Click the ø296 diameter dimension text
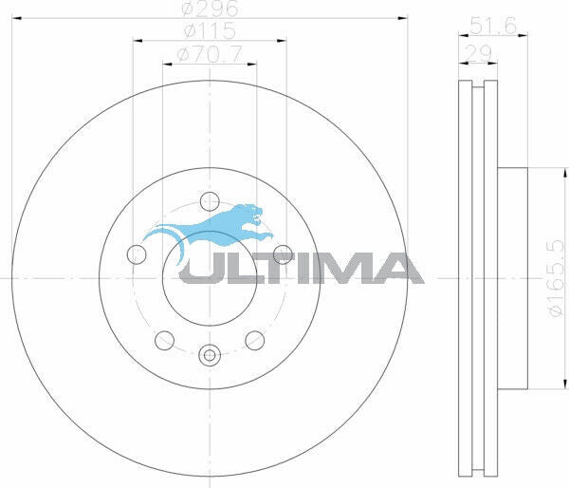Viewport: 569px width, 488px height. point(210,9)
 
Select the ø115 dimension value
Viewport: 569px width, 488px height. point(210,31)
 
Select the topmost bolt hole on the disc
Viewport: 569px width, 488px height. point(209,200)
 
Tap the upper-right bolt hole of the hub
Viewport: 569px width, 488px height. point(281,253)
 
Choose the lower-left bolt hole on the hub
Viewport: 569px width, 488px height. point(164,339)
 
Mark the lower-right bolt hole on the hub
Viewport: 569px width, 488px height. point(253,339)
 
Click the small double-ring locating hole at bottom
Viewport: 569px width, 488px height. point(209,356)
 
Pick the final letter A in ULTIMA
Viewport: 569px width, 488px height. point(398,269)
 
